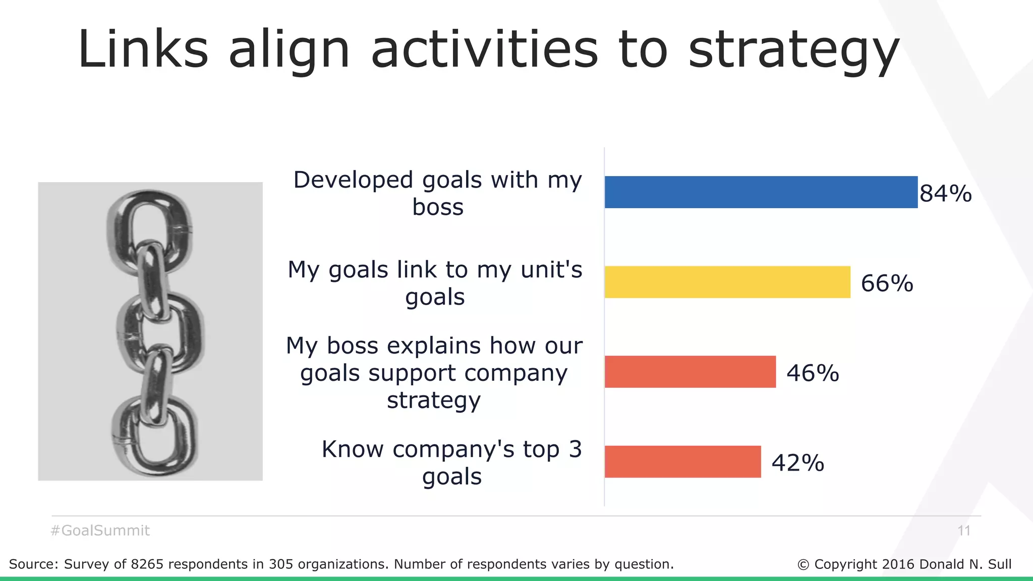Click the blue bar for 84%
(761, 192)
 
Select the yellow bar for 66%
(727, 282)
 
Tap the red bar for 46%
(690, 372)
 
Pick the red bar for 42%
(682, 461)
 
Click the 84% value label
(945, 194)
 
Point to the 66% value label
(887, 283)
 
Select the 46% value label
(813, 373)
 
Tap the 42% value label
(797, 463)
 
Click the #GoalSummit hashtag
(100, 531)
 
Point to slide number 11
(964, 531)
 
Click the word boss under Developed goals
(437, 207)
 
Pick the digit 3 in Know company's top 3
(575, 449)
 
